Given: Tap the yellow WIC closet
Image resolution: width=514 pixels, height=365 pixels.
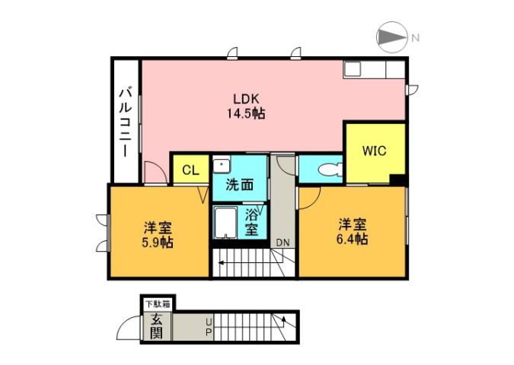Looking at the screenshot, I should click(x=374, y=151).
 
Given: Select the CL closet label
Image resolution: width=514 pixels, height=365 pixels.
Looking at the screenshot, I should click(x=190, y=170).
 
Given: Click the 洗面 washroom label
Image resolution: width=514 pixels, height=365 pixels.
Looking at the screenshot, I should click(x=238, y=184).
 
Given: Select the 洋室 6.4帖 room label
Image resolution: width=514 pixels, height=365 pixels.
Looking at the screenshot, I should click(x=353, y=232).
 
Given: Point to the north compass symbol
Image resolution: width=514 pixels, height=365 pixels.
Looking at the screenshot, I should click(x=392, y=36).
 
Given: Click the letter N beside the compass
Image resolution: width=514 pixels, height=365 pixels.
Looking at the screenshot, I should click(x=415, y=36).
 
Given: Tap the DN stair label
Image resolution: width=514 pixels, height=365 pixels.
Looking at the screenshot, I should click(x=283, y=243).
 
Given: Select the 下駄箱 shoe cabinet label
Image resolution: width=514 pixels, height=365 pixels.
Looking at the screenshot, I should click(x=157, y=304).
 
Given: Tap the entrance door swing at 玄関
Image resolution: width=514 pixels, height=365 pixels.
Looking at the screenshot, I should click(x=130, y=328).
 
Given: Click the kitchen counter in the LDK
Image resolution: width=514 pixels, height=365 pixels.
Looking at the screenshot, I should click(x=374, y=69).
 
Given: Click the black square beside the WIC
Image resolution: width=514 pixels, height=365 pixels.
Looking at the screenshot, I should click(x=397, y=179).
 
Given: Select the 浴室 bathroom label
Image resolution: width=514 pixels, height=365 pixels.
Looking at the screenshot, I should click(x=251, y=221).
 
